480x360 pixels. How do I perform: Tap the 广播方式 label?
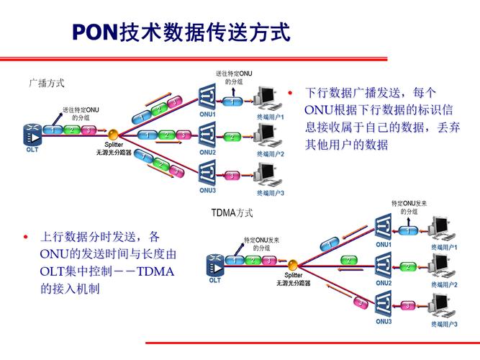click(47, 83)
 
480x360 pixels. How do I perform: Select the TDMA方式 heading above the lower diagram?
click(232, 213)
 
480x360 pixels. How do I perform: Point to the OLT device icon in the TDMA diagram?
click(214, 264)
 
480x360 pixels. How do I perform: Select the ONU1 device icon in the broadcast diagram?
click(208, 97)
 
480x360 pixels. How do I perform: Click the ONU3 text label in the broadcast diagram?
click(208, 191)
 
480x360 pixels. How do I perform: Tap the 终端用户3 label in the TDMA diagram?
click(444, 325)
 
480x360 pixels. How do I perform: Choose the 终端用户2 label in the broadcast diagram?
click(270, 153)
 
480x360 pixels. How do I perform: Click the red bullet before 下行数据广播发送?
click(289, 93)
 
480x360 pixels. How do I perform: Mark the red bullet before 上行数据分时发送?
click(26, 237)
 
